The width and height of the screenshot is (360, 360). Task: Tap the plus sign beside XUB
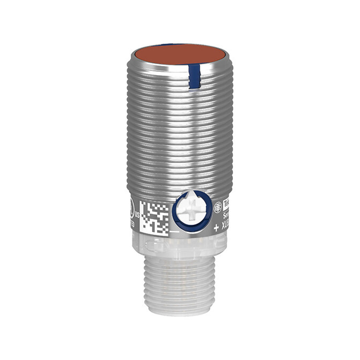216,228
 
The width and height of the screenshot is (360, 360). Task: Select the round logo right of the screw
217,206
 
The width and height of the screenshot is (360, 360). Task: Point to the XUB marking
224,228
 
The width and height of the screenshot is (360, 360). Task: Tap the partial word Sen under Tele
225,216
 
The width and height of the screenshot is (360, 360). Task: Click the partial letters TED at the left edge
133,225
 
